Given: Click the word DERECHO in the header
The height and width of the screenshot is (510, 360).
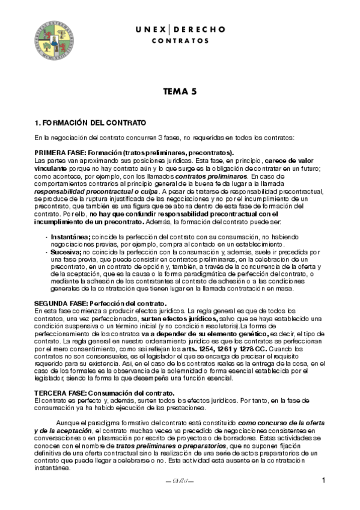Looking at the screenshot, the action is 201,29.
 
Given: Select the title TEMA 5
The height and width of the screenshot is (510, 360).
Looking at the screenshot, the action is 180,92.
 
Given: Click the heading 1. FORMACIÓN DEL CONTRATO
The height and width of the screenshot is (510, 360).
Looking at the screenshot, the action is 90,123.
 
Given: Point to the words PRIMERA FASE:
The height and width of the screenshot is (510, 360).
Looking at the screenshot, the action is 59,153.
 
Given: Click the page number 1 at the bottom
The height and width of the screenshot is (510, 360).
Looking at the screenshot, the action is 323,480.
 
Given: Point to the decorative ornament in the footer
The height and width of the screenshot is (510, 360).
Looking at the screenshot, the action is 180,481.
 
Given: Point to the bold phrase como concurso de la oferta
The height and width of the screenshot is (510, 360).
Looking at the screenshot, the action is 282,424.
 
